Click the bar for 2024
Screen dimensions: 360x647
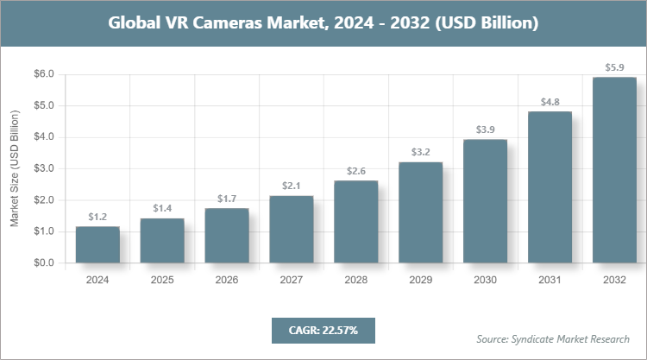tap(97, 244)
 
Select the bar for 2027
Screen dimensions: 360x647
tap(291, 229)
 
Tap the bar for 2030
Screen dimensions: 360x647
tap(485, 200)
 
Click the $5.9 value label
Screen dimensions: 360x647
tap(614, 66)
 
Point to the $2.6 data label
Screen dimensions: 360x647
tap(355, 171)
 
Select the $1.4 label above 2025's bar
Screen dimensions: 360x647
tap(162, 208)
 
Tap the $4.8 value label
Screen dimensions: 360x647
tap(550, 101)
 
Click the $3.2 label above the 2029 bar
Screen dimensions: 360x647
tap(420, 152)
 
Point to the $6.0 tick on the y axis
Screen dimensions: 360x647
tap(43, 74)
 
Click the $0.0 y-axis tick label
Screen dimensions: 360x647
tap(43, 263)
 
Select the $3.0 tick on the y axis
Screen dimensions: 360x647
tap(43, 169)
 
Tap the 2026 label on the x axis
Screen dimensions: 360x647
tap(226, 280)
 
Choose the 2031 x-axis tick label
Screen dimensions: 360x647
tap(550, 280)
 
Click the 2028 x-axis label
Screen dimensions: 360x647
tap(355, 280)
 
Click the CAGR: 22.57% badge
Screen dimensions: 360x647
tap(323, 330)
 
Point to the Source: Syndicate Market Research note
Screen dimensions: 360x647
tap(553, 338)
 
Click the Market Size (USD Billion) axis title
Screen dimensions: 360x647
tap(15, 169)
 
